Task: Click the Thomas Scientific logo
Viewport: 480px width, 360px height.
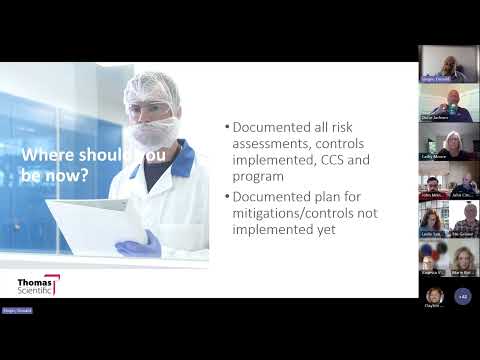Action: (x=37, y=285)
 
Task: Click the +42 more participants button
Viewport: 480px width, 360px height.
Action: (x=462, y=296)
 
